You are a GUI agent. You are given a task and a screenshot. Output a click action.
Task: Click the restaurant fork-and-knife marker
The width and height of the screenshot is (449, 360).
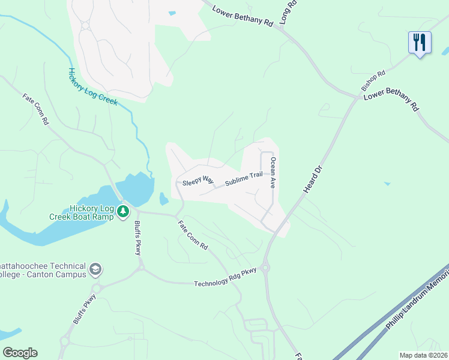420,42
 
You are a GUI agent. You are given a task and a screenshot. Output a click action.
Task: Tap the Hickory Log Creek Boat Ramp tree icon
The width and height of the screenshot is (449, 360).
123,211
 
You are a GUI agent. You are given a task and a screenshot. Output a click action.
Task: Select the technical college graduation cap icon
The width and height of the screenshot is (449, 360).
95,270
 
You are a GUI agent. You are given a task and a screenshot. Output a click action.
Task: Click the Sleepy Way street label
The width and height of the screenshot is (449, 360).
198,180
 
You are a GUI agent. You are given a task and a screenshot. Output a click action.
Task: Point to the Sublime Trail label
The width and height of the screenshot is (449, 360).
244,179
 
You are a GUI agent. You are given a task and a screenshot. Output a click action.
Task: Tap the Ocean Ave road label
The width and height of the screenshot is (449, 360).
273,173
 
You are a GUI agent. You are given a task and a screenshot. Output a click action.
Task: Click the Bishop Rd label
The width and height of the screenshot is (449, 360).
373,79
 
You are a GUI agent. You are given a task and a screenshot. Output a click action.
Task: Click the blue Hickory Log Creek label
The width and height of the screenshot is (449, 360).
92,86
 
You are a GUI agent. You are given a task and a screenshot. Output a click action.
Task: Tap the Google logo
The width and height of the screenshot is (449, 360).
20,353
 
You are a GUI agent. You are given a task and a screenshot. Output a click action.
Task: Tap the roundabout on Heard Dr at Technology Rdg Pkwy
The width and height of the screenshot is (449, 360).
265,268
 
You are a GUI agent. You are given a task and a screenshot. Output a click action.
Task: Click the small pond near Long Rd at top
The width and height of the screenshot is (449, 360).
172,13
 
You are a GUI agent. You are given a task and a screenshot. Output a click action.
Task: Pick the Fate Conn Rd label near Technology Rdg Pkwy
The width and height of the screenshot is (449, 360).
192,235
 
